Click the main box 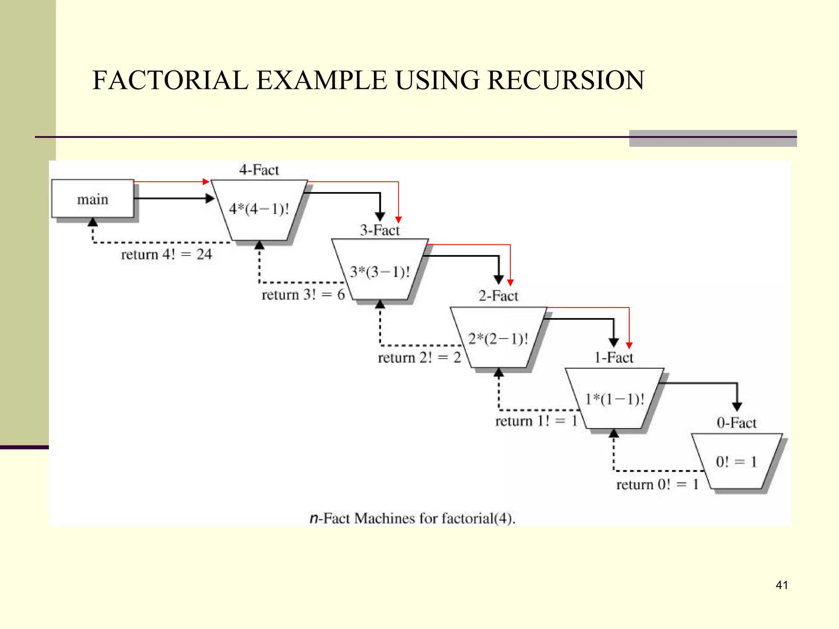93,199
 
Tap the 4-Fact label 259,170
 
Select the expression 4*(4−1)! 259,209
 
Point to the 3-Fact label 380,230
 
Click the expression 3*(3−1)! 380,272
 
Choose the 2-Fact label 498,296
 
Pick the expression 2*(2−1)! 498,339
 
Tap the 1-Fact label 614,357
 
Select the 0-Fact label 736,423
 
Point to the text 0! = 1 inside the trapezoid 736,462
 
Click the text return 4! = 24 166,254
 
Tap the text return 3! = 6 303,294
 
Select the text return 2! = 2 419,357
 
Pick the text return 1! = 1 536,421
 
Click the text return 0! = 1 657,484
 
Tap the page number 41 782,585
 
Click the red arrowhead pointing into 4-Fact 206,181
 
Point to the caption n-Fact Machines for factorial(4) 412,518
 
